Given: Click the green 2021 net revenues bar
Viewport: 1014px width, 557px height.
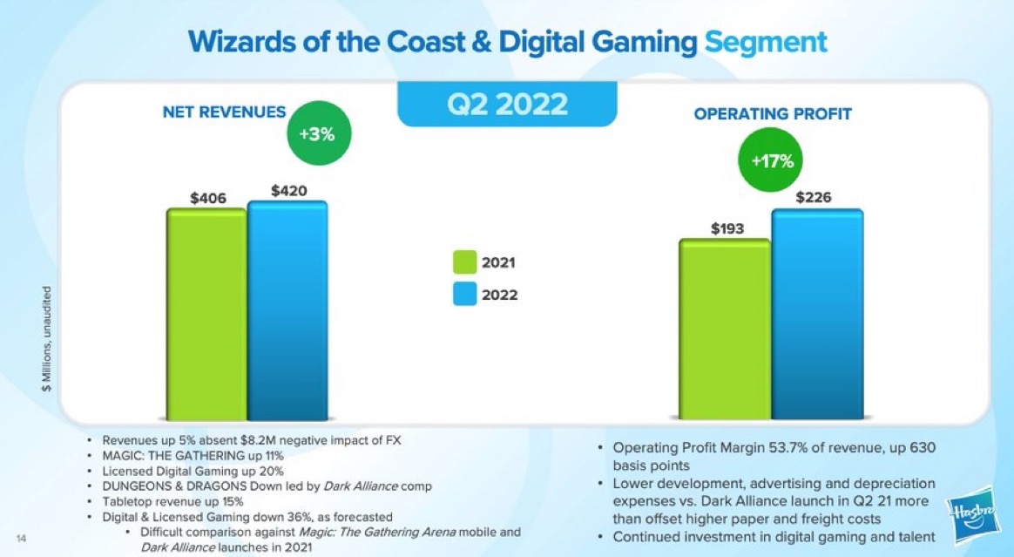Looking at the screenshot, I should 206,314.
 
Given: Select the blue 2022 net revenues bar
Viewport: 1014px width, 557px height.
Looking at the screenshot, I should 287,309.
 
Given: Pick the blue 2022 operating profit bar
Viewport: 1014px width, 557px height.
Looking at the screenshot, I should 817,314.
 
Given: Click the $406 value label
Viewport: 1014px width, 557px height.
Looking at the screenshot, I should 208,198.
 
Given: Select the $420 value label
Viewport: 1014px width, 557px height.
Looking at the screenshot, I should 288,189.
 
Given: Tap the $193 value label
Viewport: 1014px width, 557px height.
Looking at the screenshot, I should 726,228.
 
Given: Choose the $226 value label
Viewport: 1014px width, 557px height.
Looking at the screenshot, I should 814,198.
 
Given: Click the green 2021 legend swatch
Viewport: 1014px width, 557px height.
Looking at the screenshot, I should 464,262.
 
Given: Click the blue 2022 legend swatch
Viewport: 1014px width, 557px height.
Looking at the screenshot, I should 464,294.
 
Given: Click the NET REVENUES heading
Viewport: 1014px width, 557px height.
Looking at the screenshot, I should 224,112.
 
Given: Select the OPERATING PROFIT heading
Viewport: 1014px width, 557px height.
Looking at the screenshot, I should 773,114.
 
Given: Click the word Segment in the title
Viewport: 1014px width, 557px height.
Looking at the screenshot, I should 765,41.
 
